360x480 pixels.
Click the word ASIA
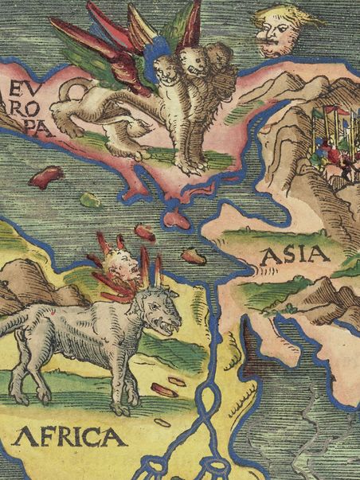[295, 255]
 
